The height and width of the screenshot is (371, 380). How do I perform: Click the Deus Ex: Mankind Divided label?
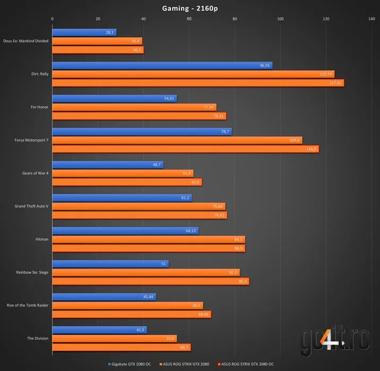25,41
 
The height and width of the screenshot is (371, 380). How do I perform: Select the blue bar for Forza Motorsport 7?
142,131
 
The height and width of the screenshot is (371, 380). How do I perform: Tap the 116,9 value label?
312,149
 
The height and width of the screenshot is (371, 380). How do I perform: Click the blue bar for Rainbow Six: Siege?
110,263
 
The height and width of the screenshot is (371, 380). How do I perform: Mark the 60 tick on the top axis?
189,19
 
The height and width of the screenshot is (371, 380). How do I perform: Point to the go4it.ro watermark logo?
334,339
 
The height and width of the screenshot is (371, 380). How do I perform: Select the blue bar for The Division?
99,330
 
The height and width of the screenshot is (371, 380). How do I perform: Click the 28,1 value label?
110,32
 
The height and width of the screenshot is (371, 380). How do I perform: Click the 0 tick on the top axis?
52,19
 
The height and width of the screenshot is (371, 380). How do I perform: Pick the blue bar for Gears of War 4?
108,164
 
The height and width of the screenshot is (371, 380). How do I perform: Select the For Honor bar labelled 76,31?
139,116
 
